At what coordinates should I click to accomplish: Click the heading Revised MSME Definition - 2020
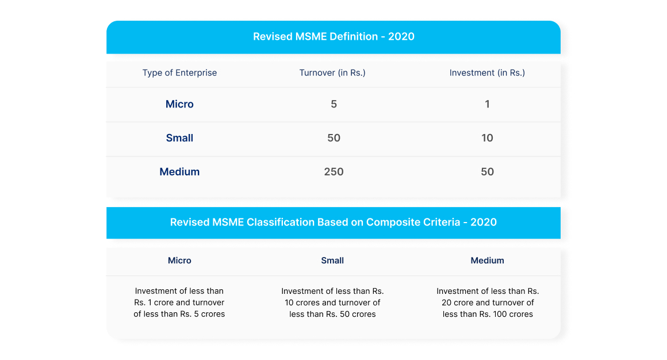(333, 37)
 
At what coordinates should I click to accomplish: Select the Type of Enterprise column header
(179, 73)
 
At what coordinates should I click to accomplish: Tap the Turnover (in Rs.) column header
(332, 73)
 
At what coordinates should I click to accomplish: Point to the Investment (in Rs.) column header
(487, 73)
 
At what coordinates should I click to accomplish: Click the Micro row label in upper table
(179, 104)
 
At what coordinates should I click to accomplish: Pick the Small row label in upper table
(179, 138)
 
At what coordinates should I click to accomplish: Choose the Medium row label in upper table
(179, 172)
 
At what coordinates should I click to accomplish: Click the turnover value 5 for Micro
(333, 104)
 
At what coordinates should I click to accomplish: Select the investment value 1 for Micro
(487, 104)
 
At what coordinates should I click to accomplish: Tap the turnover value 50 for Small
(333, 138)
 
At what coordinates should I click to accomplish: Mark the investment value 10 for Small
(487, 138)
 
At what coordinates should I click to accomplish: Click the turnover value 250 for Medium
(333, 172)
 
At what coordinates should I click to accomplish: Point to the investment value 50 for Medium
(487, 172)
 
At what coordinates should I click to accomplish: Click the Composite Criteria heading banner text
(333, 223)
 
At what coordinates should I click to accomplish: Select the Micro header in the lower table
(179, 261)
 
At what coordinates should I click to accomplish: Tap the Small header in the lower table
(332, 261)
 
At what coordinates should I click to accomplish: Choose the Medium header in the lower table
(487, 261)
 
